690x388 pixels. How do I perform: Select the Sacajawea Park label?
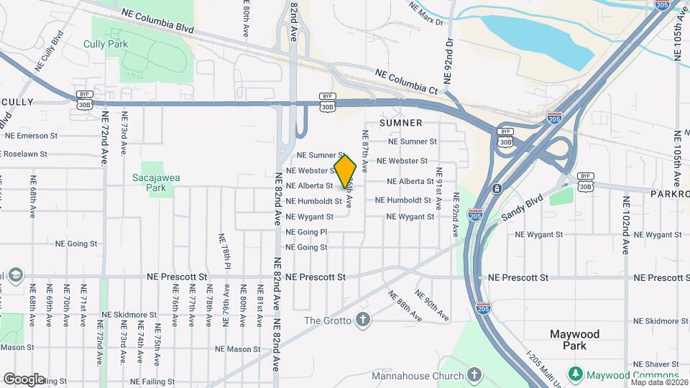149,183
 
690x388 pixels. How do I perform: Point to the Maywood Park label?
574,340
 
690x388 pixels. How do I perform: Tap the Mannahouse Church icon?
474,375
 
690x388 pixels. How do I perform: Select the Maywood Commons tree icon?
575,374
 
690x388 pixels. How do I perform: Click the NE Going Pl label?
307,232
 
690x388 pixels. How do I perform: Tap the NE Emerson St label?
31,135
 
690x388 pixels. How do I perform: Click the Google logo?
24,379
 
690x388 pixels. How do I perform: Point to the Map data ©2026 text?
659,382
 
